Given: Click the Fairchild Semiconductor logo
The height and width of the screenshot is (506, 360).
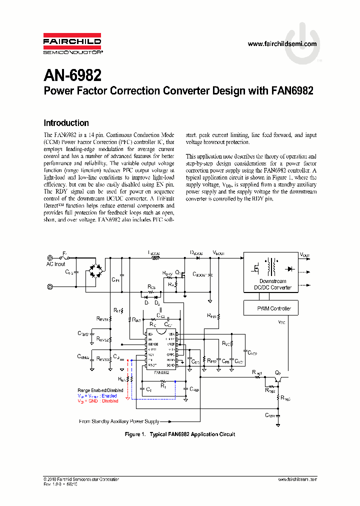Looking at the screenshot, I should pyautogui.click(x=72, y=44).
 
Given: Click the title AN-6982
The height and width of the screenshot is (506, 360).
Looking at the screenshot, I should pyautogui.click(x=72, y=75).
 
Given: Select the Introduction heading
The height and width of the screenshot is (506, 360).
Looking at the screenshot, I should pyautogui.click(x=66, y=123).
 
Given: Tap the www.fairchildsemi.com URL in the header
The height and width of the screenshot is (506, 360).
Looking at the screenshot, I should pyautogui.click(x=282, y=44).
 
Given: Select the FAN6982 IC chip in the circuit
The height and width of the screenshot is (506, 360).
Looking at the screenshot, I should pyautogui.click(x=161, y=348).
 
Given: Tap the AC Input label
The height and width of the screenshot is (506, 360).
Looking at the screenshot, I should pyautogui.click(x=55, y=264).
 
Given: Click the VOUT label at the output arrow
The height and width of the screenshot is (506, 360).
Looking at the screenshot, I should pyautogui.click(x=304, y=255).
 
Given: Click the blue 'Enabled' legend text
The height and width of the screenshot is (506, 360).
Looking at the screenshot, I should pyautogui.click(x=108, y=395).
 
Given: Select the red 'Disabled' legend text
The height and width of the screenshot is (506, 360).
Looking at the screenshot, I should pyautogui.click(x=109, y=401).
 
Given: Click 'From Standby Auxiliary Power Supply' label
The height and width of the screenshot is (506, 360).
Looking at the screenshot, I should pyautogui.click(x=119, y=421).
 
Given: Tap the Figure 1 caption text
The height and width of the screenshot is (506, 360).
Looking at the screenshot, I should pyautogui.click(x=179, y=434).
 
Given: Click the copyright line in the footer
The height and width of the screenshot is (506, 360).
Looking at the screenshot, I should pyautogui.click(x=81, y=479).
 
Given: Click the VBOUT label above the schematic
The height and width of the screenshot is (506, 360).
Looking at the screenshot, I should pyautogui.click(x=218, y=253).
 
